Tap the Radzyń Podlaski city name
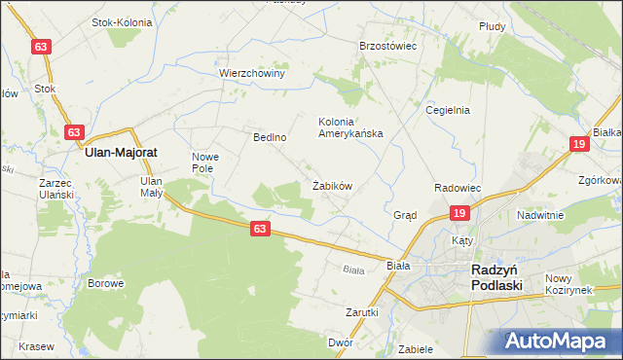(496, 277)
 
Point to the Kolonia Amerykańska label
(351, 127)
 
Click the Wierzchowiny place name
(251, 73)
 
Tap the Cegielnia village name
(448, 110)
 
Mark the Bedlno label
(270, 138)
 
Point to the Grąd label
(405, 215)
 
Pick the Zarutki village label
(361, 313)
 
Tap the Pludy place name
(492, 27)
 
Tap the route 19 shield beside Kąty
(459, 214)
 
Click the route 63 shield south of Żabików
(258, 228)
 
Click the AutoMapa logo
(558, 341)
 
